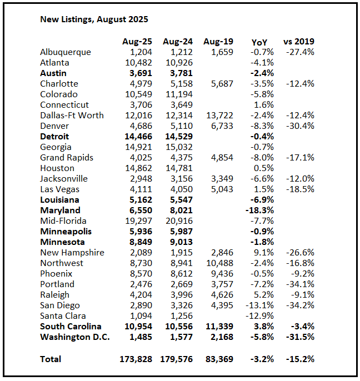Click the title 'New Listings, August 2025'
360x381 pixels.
pyautogui.click(x=94, y=19)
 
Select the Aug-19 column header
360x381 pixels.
pyautogui.click(x=218, y=42)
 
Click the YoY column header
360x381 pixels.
pyautogui.click(x=259, y=42)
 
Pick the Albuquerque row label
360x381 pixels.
pyautogui.click(x=66, y=52)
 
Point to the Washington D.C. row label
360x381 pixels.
pyautogui.click(x=75, y=337)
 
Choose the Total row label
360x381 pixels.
pyautogui.click(x=51, y=359)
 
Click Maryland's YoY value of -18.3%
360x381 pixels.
pyautogui.click(x=259, y=210)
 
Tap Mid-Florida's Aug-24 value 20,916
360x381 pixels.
pyautogui.click(x=178, y=221)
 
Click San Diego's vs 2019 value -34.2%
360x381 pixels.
pyautogui.click(x=301, y=305)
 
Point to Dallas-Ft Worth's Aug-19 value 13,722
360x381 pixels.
pyautogui.click(x=218, y=116)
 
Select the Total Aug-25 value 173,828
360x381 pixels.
pyautogui.click(x=136, y=359)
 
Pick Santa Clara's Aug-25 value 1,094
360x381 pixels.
pyautogui.click(x=140, y=316)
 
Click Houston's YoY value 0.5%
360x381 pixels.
pyautogui.click(x=263, y=168)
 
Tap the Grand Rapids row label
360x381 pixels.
pyautogui.click(x=67, y=158)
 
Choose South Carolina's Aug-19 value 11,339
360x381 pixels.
pyautogui.click(x=218, y=327)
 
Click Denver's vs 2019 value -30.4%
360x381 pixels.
pyautogui.click(x=301, y=126)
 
